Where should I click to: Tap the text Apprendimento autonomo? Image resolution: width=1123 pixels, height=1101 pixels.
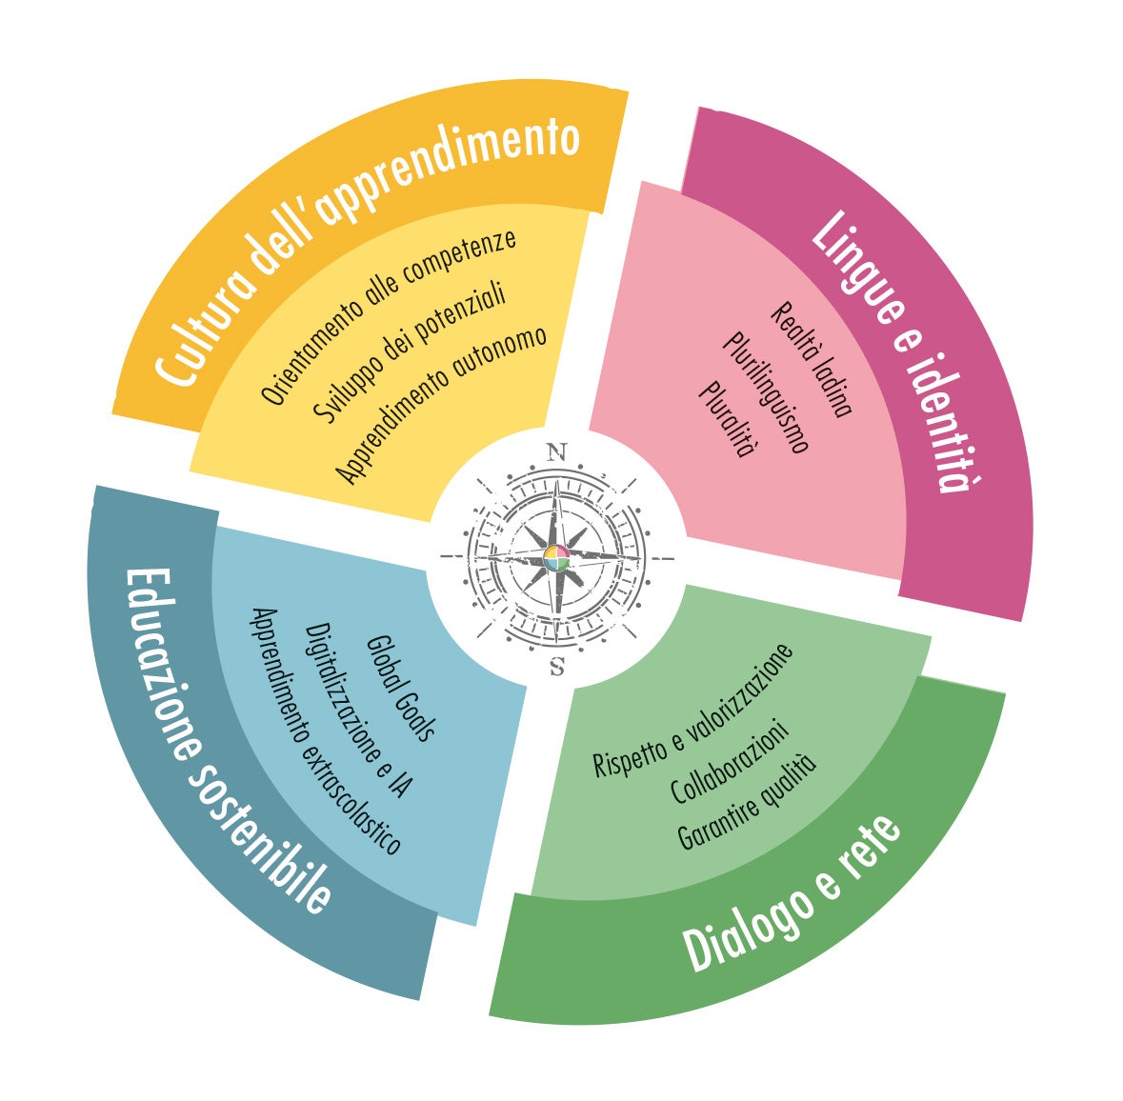(443, 404)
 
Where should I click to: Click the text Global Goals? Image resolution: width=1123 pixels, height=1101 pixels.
(401, 687)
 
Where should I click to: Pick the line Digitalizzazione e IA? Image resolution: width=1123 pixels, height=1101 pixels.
(358, 710)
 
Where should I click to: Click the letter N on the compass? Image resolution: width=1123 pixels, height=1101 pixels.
(557, 451)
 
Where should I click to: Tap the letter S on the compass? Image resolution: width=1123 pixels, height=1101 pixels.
(557, 668)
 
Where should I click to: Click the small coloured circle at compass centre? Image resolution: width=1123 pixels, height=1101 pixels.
(557, 559)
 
